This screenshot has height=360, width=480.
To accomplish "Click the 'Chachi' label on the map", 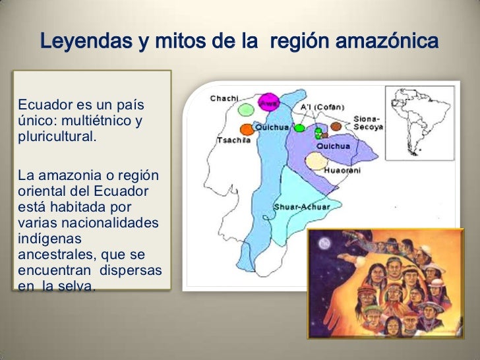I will pyautogui.click(x=224, y=98).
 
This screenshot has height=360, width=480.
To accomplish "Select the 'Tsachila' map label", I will pyautogui.click(x=232, y=140).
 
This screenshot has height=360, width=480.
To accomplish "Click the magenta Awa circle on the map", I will pyautogui.click(x=268, y=103).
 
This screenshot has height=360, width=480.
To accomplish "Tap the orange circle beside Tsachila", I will pyautogui.click(x=247, y=129).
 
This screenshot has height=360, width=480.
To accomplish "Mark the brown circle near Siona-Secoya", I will pyautogui.click(x=336, y=125).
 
